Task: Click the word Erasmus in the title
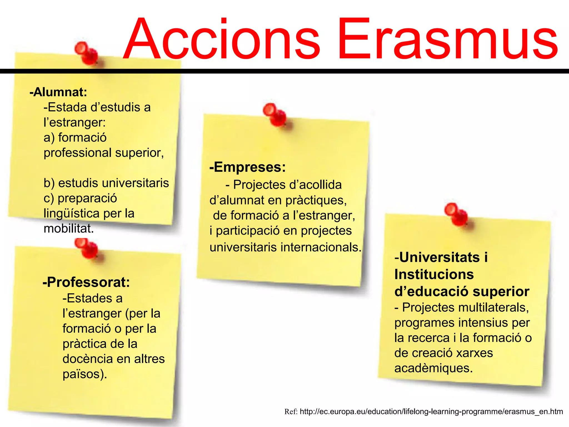point(447,39)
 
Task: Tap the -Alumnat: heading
point(58,92)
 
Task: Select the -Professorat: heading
point(86,282)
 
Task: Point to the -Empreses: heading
point(248,167)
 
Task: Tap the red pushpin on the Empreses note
point(275,115)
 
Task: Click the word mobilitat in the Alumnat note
point(68,229)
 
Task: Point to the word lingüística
point(71,213)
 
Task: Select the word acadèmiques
point(433,368)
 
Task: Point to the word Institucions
point(434,274)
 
